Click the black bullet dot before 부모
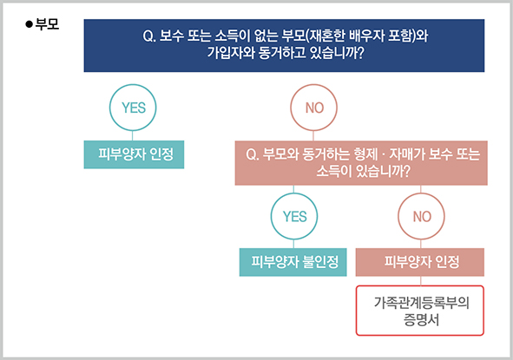click(x=30, y=24)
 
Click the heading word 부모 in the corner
click(x=47, y=24)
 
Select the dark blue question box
click(x=284, y=45)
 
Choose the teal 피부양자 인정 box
click(x=134, y=154)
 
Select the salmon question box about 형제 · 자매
click(x=361, y=163)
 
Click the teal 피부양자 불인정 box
click(x=293, y=262)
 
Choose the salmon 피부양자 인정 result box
click(x=420, y=262)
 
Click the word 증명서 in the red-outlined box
click(x=421, y=319)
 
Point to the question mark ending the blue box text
click(x=360, y=53)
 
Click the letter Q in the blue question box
click(x=148, y=36)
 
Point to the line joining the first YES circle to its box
click(x=133, y=135)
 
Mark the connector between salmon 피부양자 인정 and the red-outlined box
click(x=421, y=281)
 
